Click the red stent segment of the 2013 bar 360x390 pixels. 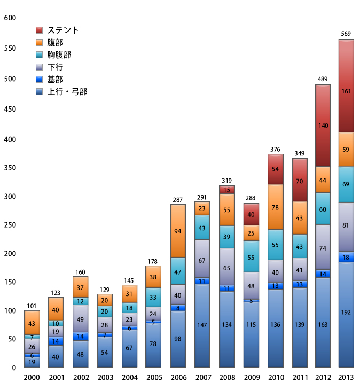point(346,91)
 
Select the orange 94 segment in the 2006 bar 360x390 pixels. point(177,231)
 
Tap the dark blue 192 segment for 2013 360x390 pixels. point(346,313)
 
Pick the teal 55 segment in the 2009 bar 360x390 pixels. point(251,256)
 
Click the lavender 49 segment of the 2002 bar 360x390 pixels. point(80,319)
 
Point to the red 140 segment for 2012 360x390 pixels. point(323,126)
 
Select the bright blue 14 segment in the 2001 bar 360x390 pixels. point(56,341)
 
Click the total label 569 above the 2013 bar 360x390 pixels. point(346,34)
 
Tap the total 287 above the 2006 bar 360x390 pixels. point(177,200)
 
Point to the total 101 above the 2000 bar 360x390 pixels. point(32,306)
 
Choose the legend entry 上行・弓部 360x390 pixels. point(67,91)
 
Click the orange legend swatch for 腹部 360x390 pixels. point(40,42)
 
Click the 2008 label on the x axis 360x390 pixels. point(226,378)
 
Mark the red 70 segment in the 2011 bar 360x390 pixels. point(299,181)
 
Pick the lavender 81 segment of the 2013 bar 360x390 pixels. point(346,226)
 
